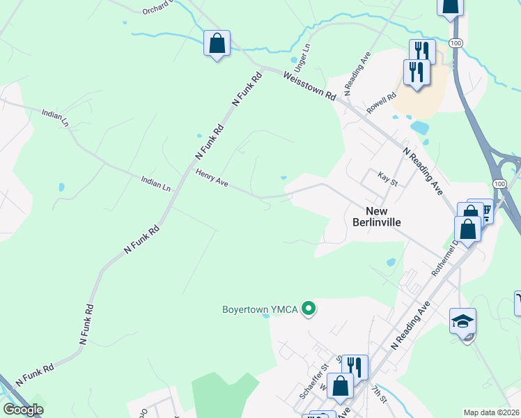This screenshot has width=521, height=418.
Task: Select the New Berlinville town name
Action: point(376,216)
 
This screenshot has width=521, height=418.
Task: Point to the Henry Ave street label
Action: point(212,178)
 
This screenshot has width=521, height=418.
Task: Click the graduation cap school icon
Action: point(463,321)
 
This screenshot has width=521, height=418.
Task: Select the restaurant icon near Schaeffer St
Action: point(355,366)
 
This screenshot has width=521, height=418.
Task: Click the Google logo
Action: point(23,410)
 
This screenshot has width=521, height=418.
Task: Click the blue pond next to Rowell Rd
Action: point(420,128)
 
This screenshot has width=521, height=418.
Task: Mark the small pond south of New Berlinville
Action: point(391,263)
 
